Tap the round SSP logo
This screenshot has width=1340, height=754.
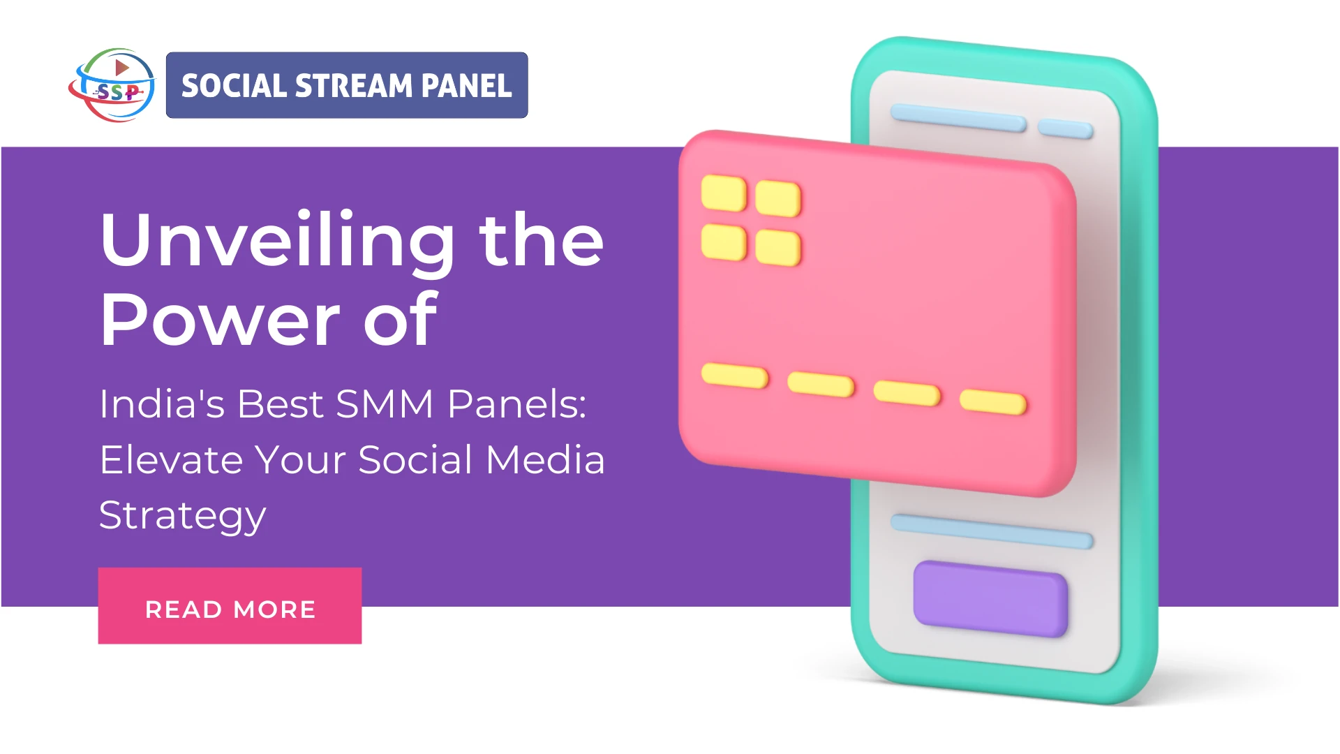coord(112,85)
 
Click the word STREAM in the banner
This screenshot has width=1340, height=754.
coord(354,86)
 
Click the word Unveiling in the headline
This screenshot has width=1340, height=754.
coord(277,241)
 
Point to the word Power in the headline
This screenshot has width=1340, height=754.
coord(220,320)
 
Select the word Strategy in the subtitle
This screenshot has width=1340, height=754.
coord(183,517)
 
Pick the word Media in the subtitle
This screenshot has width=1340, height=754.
coord(545,460)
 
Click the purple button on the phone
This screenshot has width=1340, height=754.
coord(990,598)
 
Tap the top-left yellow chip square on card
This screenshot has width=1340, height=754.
coord(724,193)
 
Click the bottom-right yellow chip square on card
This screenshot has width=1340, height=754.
coord(777,248)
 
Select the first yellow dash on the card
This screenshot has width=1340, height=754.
coord(734,376)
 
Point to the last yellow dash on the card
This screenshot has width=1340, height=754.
coord(993,402)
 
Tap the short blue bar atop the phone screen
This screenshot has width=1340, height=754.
coord(1065,128)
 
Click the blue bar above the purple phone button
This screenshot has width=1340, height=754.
coord(991,531)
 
